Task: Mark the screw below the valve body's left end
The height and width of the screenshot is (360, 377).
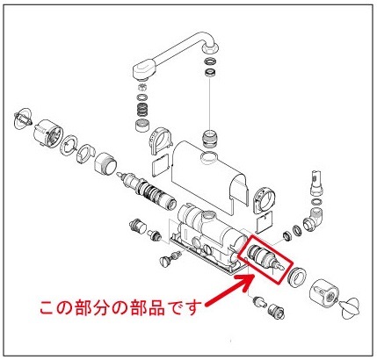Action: pyautogui.click(x=170, y=260)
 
